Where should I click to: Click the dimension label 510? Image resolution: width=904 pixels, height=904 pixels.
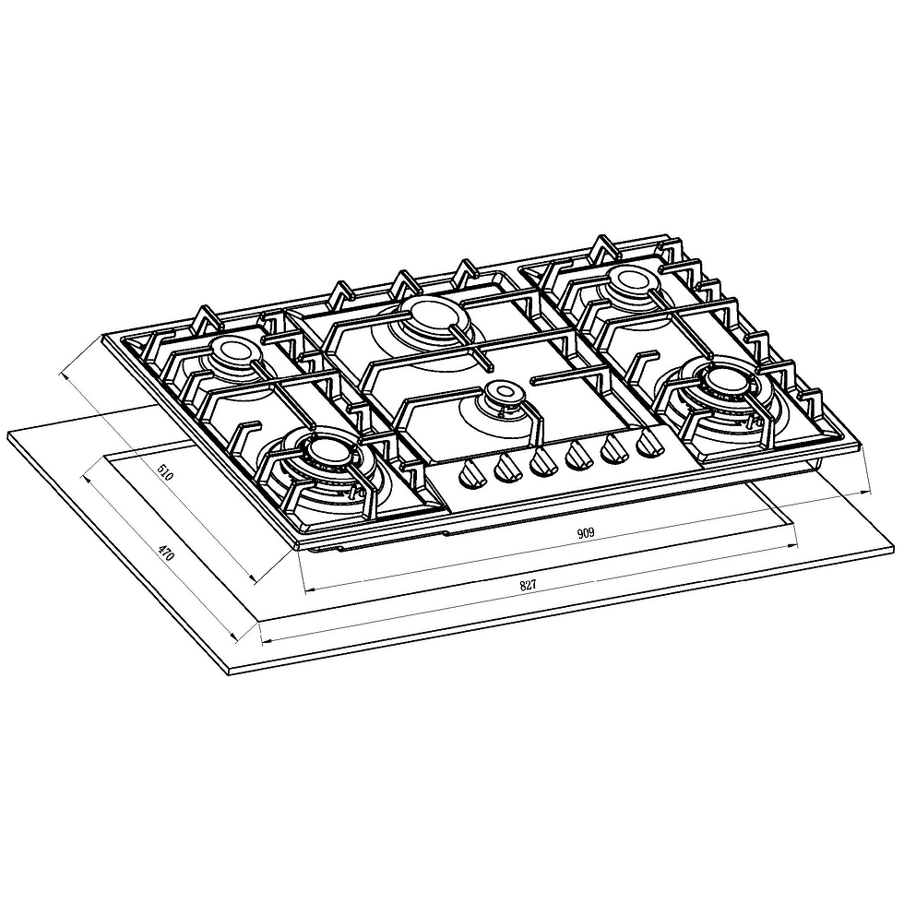coord(165,474)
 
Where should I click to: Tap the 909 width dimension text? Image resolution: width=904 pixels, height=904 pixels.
coord(586,533)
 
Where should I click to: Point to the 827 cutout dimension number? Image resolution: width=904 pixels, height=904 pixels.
coord(528,585)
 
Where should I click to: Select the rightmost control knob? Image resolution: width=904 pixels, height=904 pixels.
coord(651,443)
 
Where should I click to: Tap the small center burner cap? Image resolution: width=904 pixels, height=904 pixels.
coord(503,393)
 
